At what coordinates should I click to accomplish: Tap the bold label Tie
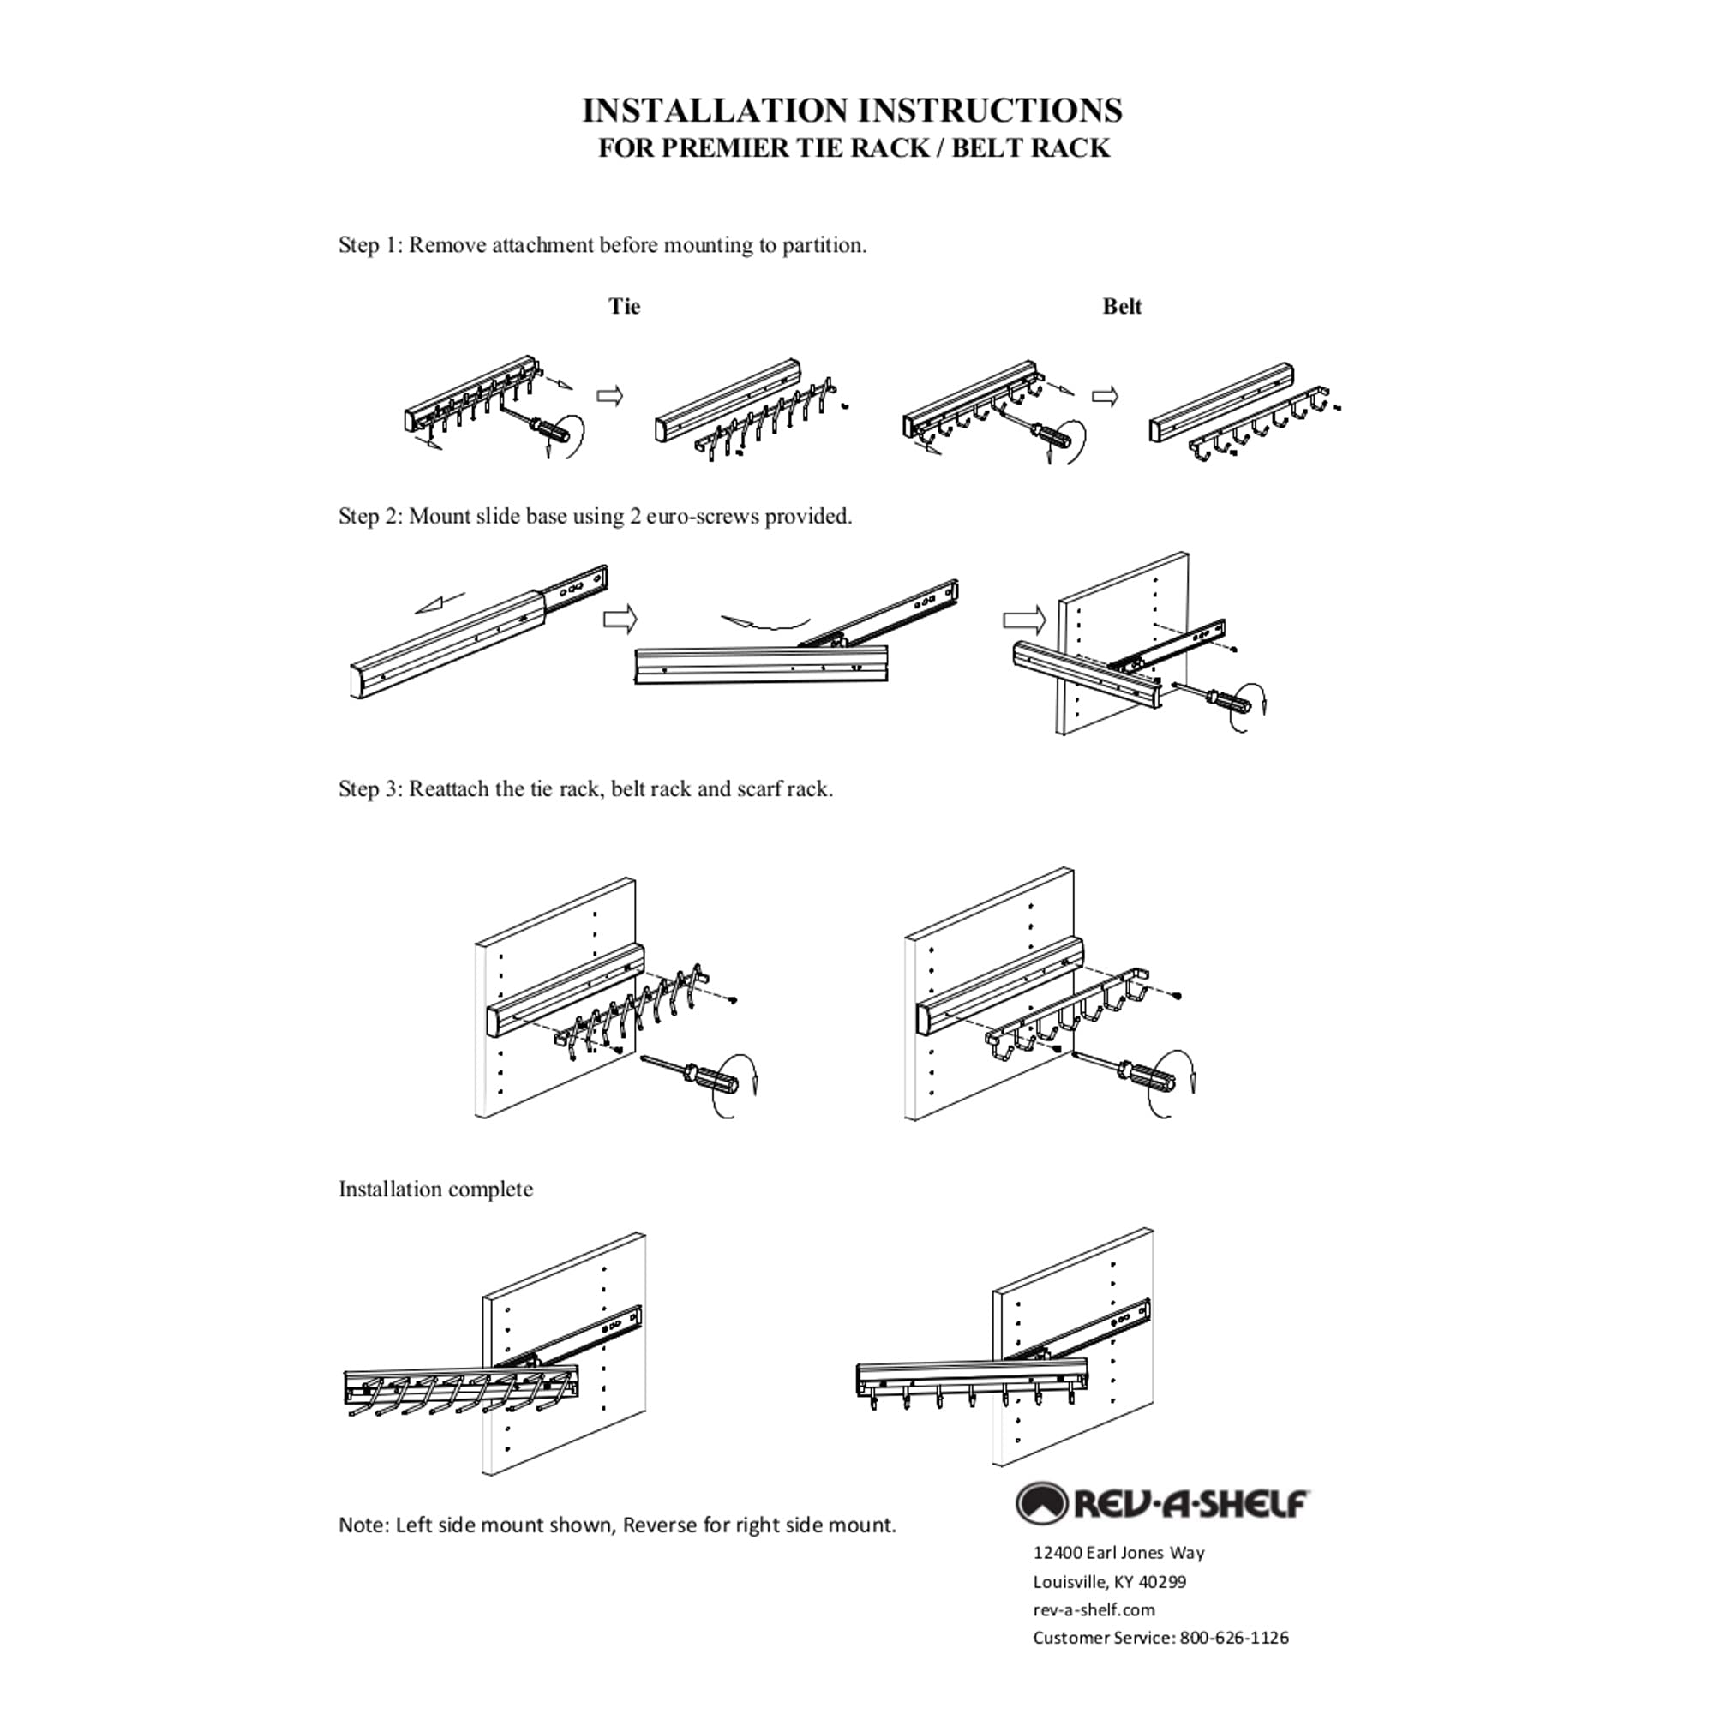pos(624,307)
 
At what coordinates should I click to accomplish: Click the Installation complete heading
pos(435,1190)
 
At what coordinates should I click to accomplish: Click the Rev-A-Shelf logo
pos(1161,1504)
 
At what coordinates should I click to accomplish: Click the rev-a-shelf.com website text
pos(1094,1609)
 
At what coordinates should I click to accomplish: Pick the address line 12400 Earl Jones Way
pos(1118,1553)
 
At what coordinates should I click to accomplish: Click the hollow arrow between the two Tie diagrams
pos(609,396)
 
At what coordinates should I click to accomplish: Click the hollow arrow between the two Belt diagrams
pos(1105,397)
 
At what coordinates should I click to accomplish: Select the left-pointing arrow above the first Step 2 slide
pos(440,602)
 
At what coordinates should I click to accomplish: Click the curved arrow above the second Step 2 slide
pos(764,621)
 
